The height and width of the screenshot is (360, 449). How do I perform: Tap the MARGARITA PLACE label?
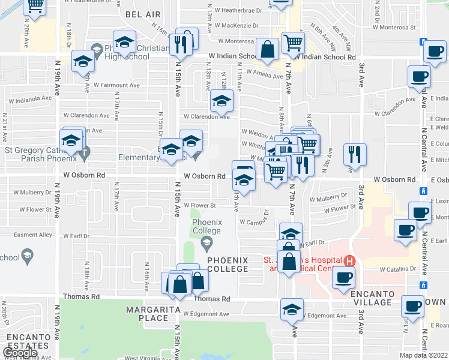pyautogui.click(x=147, y=313)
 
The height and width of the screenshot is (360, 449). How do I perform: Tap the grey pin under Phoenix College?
pyautogui.click(x=206, y=242)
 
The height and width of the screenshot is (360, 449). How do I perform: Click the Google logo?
pyautogui.click(x=19, y=353)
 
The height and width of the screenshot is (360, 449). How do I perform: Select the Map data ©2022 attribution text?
pyautogui.click(x=424, y=355)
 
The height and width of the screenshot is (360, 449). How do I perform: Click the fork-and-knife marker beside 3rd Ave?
pyautogui.click(x=355, y=155)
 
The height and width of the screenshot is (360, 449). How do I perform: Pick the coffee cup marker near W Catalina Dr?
pyautogui.click(x=344, y=277)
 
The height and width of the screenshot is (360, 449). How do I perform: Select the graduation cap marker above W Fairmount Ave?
pyautogui.click(x=83, y=61)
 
